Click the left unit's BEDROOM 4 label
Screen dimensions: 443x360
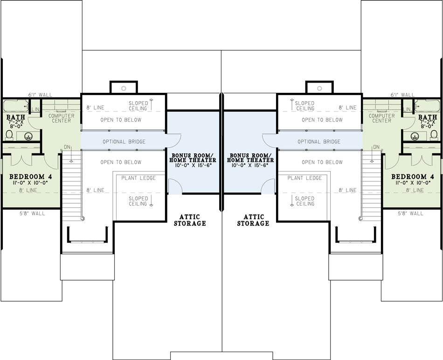point(30,177)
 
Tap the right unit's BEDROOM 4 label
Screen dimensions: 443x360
point(413,177)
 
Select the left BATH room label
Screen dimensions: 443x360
point(16,117)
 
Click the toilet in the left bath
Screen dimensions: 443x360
point(9,135)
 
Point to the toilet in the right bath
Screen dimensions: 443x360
point(434,135)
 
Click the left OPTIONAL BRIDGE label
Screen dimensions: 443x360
point(124,142)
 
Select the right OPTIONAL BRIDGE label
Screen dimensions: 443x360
point(319,142)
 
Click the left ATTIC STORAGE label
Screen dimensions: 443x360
point(190,220)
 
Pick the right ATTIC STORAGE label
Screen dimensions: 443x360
point(253,220)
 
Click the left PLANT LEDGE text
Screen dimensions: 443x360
point(138,178)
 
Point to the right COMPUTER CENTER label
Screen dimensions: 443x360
point(382,118)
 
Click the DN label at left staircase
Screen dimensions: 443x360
point(67,147)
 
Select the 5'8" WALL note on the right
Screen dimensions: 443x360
point(410,214)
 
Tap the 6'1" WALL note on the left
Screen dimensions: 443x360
point(40,95)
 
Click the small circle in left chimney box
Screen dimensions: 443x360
point(124,89)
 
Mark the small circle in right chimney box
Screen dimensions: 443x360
point(319,89)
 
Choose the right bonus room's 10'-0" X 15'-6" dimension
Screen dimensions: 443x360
point(249,165)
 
